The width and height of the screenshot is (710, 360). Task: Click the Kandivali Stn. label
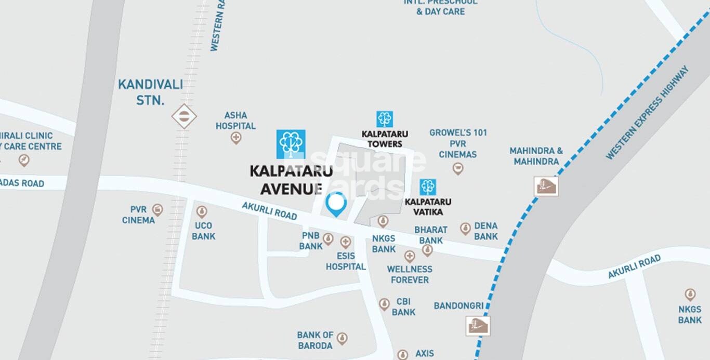tap(150, 92)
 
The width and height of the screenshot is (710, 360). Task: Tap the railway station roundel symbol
tap(184, 116)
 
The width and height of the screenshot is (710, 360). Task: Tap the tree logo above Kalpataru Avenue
tap(291, 144)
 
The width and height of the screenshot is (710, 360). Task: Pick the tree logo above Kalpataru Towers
tap(385, 119)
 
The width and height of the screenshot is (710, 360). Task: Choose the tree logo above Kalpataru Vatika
tap(428, 187)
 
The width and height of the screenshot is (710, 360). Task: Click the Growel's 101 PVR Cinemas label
tap(458, 143)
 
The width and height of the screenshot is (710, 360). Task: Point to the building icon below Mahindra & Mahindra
tap(546, 186)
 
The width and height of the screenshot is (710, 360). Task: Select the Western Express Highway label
tap(647, 113)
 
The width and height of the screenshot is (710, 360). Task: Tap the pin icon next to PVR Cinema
tap(157, 209)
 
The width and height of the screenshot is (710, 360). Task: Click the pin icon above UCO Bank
tap(202, 211)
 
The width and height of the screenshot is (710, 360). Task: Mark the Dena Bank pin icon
tap(465, 229)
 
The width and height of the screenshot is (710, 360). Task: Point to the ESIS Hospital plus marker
tap(346, 242)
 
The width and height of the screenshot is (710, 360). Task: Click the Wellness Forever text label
tap(410, 274)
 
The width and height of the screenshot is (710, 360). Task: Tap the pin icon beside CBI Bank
tap(384, 304)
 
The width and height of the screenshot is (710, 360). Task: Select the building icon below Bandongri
tap(478, 325)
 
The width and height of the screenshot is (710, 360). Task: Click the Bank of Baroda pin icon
tap(342, 339)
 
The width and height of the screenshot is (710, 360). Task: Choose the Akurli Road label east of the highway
tap(634, 266)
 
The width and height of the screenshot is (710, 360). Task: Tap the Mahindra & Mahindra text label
tap(536, 156)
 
